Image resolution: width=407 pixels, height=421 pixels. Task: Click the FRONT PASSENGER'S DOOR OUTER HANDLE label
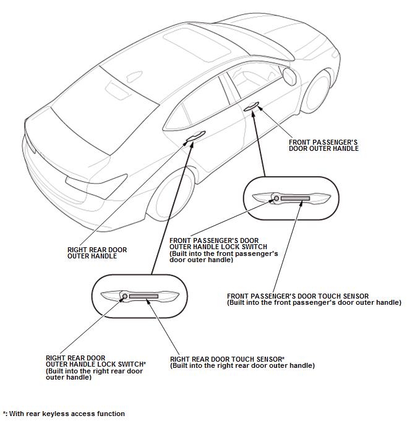[x=323, y=145]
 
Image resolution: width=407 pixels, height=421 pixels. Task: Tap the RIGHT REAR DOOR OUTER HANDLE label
[x=97, y=253]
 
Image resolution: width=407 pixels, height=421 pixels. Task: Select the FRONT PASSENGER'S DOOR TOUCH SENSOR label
[x=314, y=299]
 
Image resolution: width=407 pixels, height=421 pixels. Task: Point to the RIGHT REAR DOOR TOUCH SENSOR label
[x=242, y=362]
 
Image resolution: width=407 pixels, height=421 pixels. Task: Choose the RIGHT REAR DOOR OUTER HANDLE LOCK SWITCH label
[x=95, y=367]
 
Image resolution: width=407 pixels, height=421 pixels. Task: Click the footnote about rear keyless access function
[x=64, y=414]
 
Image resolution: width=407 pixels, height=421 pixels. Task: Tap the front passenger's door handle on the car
[x=251, y=108]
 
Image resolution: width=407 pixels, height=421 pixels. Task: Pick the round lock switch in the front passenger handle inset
[x=276, y=198]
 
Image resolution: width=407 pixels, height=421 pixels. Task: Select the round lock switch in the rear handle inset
[x=124, y=297]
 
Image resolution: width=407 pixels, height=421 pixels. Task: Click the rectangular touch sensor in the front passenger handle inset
[x=296, y=198]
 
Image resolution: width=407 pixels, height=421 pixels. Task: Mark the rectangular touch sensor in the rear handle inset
[x=144, y=297]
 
